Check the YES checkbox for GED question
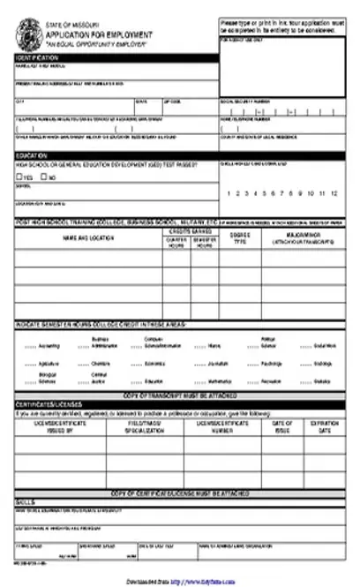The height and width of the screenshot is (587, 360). tap(19, 177)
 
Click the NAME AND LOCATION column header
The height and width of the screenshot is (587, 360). tap(88, 238)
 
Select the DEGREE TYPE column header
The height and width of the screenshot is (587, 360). tap(239, 238)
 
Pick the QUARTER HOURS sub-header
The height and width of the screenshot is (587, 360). tap(176, 242)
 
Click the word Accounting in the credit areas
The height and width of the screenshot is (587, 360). tap(49, 346)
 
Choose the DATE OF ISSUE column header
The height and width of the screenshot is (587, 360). tap(281, 426)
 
